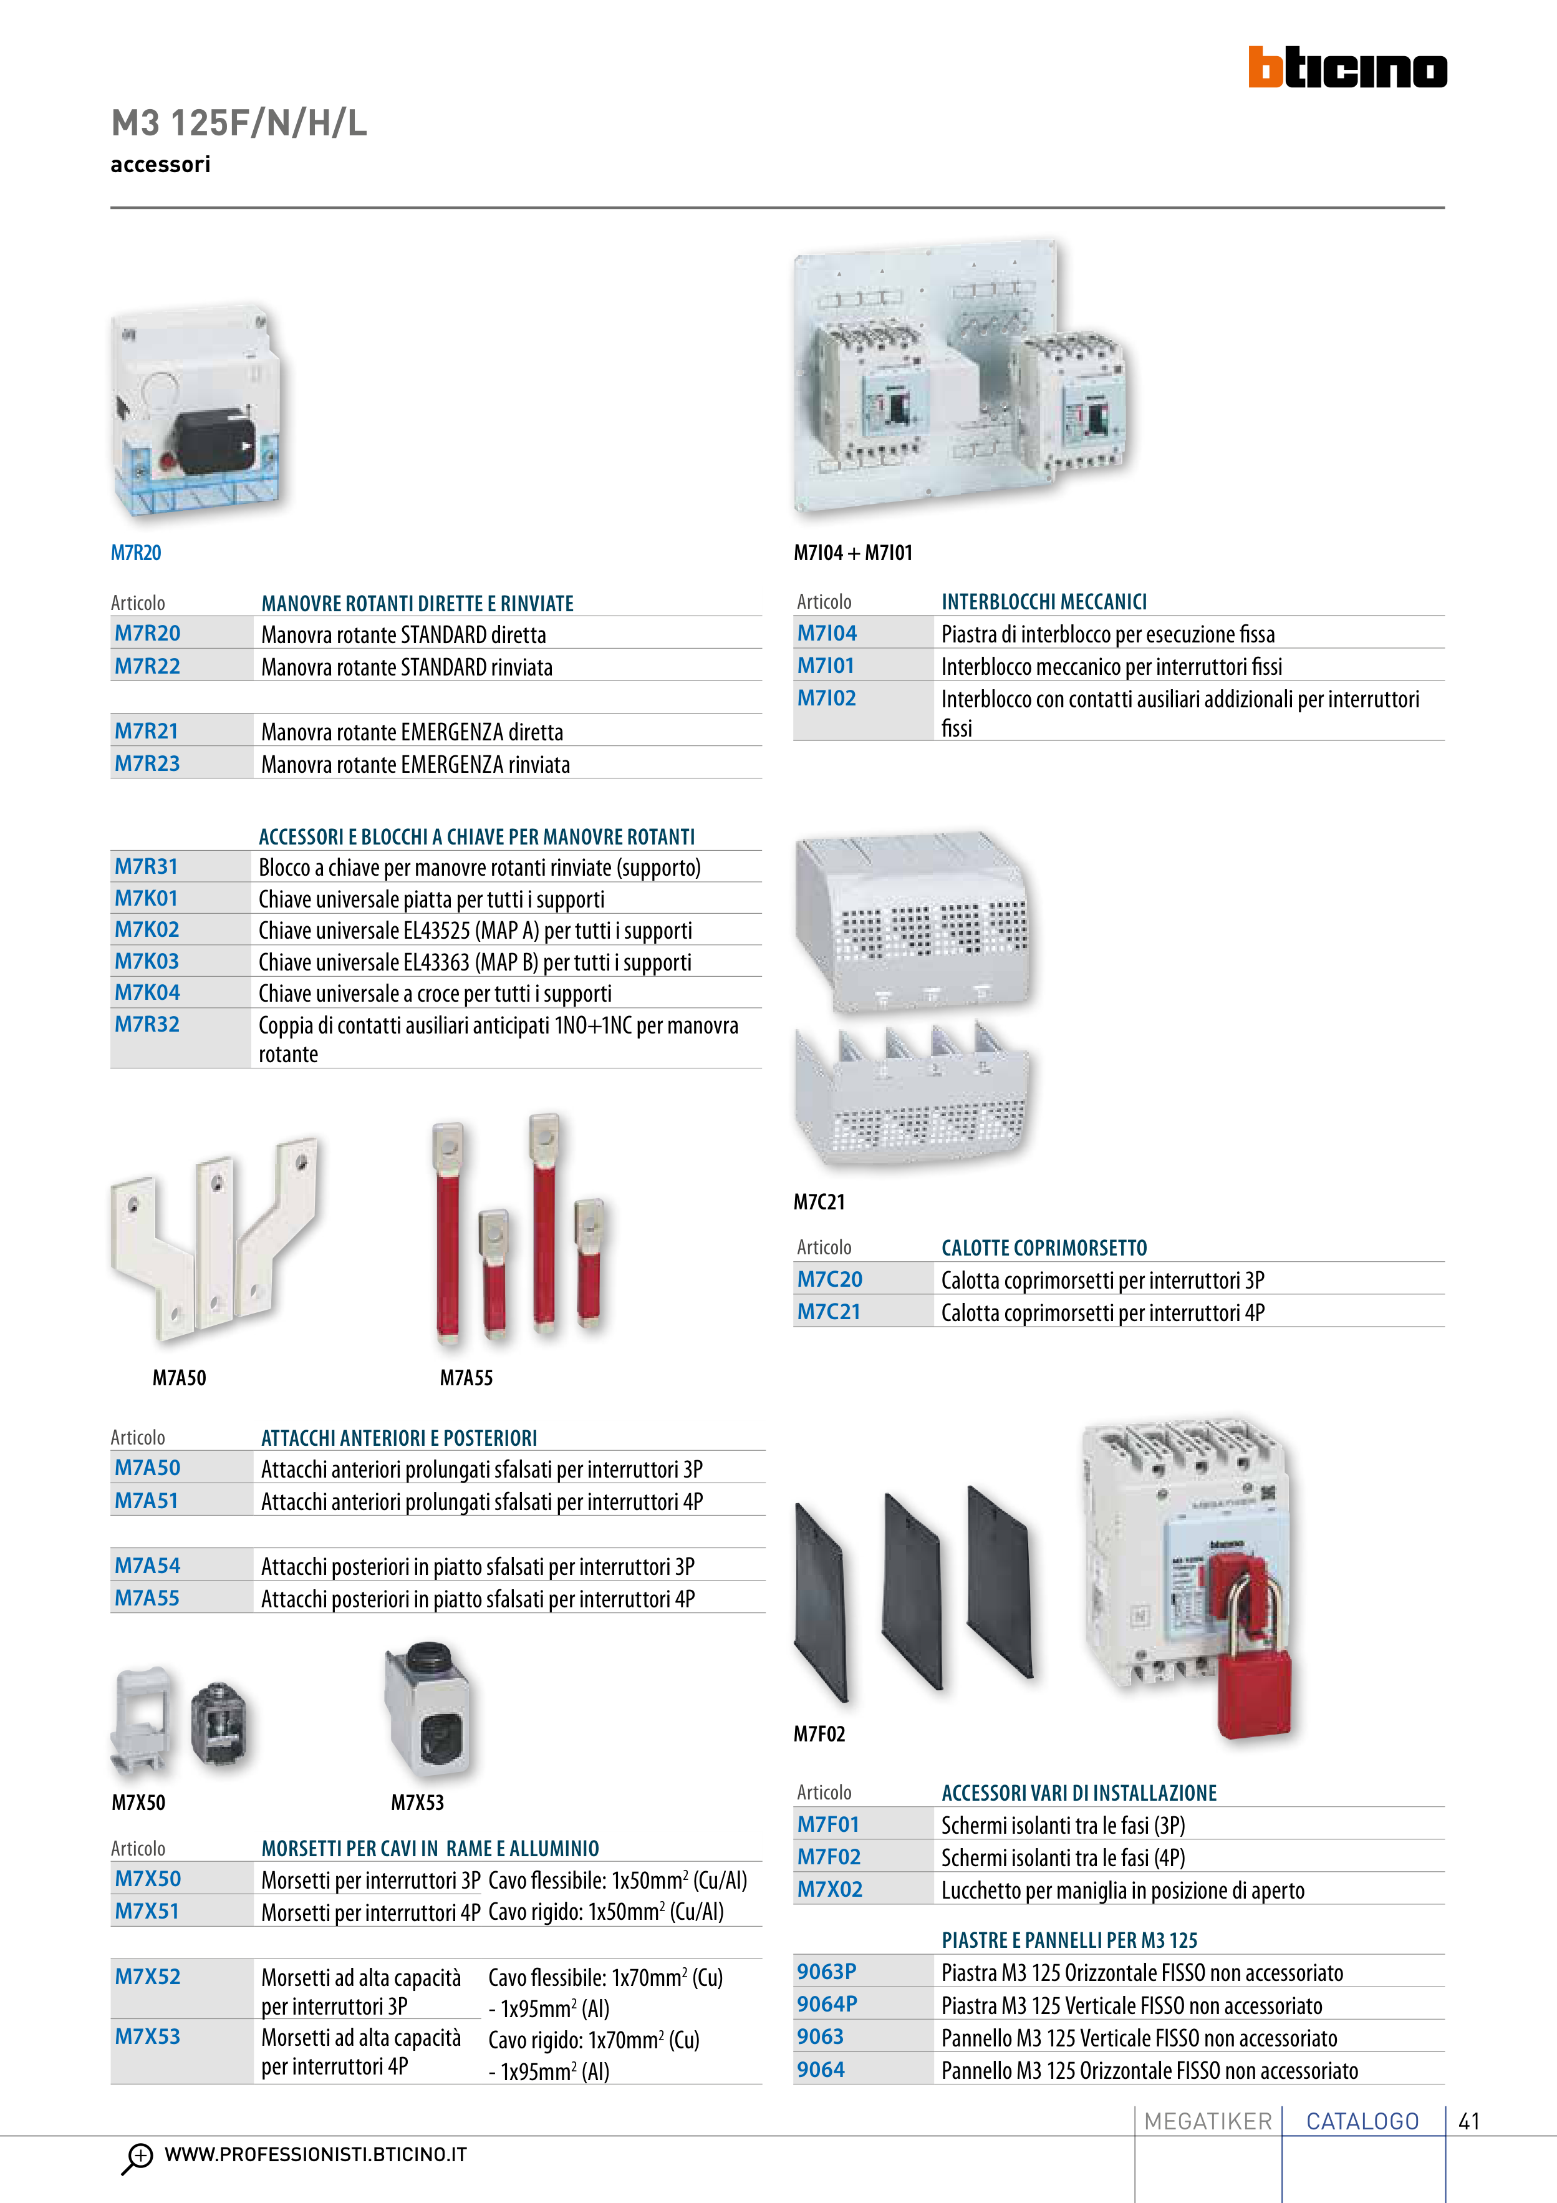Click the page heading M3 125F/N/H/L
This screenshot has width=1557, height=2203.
pyautogui.click(x=239, y=123)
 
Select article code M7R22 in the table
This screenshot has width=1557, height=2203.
pyautogui.click(x=148, y=666)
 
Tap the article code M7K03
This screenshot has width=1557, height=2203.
pyautogui.click(x=147, y=961)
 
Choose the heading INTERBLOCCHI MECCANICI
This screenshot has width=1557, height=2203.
pyautogui.click(x=1044, y=602)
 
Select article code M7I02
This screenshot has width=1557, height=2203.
pyautogui.click(x=826, y=699)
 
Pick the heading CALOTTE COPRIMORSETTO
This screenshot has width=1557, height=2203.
pyautogui.click(x=1044, y=1248)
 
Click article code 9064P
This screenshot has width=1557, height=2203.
pyautogui.click(x=827, y=2005)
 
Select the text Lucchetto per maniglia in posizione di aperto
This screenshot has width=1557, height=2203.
pyautogui.click(x=1122, y=1891)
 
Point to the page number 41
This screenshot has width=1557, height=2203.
pyautogui.click(x=1468, y=2121)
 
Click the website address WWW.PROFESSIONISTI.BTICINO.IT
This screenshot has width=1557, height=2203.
pyautogui.click(x=316, y=2155)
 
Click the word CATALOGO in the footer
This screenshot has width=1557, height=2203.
pyautogui.click(x=1362, y=2121)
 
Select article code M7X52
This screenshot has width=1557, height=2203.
pyautogui.click(x=148, y=1977)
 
